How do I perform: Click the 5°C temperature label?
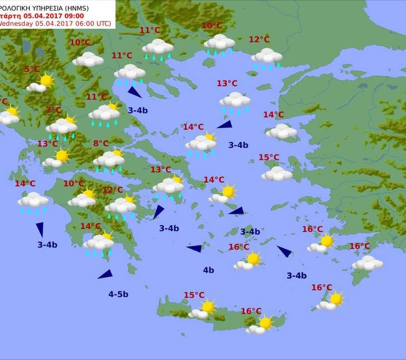32,69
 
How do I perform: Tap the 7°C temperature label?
53,110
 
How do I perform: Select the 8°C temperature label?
101,144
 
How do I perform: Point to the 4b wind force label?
208,270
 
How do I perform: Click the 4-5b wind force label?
118,294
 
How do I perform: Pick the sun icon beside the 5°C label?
46,80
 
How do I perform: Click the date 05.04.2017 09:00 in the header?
54,15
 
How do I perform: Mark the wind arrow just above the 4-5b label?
105,274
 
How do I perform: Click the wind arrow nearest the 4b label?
195,248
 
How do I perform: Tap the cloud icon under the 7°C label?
61,127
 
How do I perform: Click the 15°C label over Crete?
194,295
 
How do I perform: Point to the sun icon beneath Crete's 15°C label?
208,307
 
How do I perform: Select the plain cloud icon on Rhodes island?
367,263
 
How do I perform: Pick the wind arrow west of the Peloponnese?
40,229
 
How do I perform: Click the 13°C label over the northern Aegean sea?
227,83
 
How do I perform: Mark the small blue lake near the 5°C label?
25,46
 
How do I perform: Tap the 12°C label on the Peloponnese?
112,190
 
